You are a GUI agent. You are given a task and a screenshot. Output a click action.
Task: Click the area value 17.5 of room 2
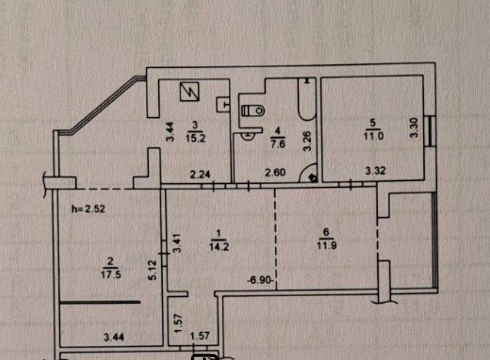coord(111,275)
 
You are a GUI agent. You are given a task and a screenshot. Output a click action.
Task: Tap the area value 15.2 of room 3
coord(195,138)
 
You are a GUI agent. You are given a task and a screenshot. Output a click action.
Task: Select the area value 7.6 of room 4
coord(278,144)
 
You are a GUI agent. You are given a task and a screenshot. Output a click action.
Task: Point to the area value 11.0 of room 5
coord(374,136)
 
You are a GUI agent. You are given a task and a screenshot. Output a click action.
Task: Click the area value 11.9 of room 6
coord(327,245)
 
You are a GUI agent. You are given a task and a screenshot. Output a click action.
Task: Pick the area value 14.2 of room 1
coord(219,247)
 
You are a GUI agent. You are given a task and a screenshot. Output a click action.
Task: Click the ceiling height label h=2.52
coord(88,208)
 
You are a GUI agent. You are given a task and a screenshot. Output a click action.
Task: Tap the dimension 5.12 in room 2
coord(152,270)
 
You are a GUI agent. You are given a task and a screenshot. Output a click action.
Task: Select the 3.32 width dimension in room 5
coord(375,171)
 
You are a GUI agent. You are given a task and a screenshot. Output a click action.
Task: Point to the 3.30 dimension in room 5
coord(414,128)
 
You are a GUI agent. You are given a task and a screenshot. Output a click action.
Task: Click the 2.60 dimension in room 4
coord(275,172)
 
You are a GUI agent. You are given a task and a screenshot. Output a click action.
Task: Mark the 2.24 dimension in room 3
coord(200,174)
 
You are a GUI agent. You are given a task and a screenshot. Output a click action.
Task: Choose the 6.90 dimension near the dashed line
coord(260,280)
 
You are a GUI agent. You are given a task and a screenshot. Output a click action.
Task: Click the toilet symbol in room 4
coord(253,111)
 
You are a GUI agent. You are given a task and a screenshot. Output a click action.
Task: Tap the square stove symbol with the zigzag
coord(189,92)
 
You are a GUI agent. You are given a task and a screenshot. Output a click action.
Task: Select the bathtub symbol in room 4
coord(307,99)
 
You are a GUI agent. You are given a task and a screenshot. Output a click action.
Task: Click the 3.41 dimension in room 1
coord(177,243)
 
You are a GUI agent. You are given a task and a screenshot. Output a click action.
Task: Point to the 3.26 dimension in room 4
coord(307,141)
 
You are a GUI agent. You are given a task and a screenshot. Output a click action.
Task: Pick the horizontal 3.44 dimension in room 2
coord(114,337)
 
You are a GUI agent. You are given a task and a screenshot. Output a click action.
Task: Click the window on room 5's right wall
coord(431,131)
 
